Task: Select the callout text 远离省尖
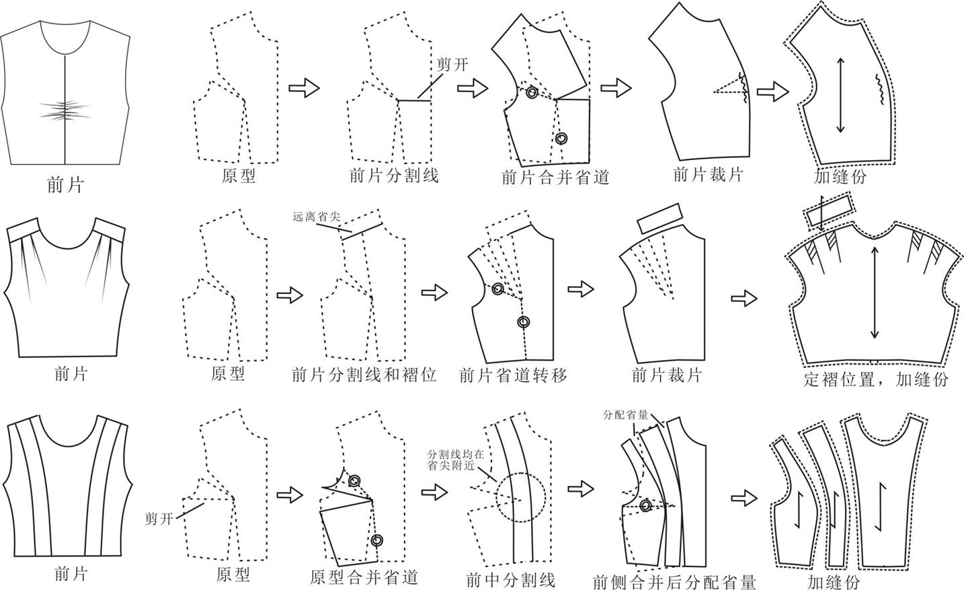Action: (317, 217)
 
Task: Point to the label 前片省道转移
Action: (513, 375)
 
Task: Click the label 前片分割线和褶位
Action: (364, 375)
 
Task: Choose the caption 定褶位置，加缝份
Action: (876, 379)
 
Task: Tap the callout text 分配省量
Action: (626, 414)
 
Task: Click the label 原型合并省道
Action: (364, 577)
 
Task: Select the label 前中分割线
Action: (510, 579)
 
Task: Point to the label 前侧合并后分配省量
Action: (674, 581)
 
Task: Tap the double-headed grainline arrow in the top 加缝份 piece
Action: (840, 95)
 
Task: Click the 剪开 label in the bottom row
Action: (159, 519)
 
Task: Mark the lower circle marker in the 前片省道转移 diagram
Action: (523, 322)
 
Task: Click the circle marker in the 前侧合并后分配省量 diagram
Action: (646, 506)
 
